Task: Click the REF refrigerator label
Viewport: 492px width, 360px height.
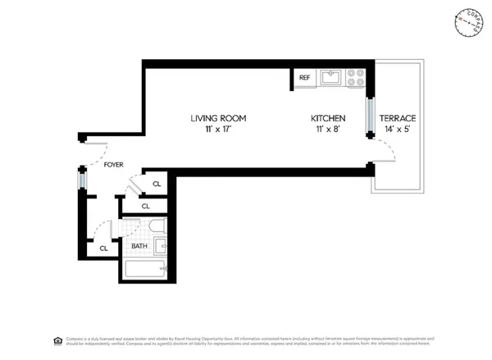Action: click(304, 78)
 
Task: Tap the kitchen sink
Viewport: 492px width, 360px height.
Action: click(331, 78)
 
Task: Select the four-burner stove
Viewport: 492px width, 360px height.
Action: click(356, 78)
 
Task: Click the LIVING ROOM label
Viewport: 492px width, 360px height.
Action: click(218, 118)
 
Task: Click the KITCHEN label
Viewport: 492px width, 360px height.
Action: click(327, 118)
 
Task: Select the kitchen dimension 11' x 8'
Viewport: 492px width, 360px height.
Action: click(326, 130)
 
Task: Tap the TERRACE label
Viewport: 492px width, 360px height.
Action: click(397, 118)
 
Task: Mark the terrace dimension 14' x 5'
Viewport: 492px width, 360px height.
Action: click(397, 130)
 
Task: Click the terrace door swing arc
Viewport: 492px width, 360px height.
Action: click(385, 152)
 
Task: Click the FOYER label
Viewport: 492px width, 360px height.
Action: click(114, 165)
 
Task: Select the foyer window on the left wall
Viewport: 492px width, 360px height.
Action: click(82, 179)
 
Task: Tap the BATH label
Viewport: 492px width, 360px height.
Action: click(139, 245)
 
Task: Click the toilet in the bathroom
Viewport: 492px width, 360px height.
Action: click(158, 226)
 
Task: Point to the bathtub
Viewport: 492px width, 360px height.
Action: click(146, 270)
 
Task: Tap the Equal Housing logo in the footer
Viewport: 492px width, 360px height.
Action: click(57, 339)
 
